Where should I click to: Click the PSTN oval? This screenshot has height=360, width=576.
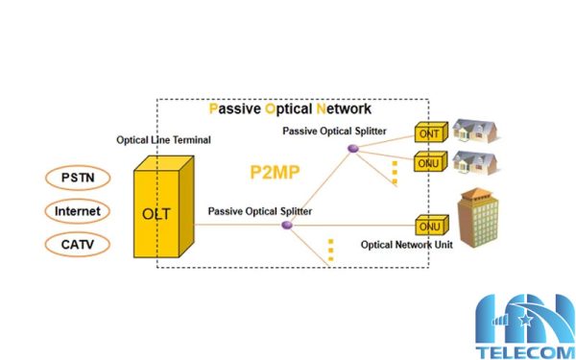(76, 178)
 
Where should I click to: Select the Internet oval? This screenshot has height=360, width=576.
(76, 210)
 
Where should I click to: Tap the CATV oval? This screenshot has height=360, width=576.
(76, 244)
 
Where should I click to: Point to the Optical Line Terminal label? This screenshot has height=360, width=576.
(163, 140)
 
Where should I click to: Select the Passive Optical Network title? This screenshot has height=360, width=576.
(289, 108)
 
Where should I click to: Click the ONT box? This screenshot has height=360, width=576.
(429, 133)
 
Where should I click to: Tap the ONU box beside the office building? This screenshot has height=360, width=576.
(429, 227)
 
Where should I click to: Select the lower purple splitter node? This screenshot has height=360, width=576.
(286, 225)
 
